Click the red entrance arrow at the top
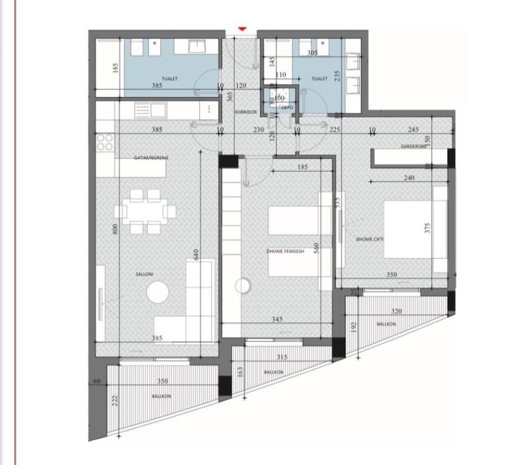243,28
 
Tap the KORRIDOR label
247,113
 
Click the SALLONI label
145,274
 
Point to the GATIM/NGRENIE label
151,157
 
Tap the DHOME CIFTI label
370,239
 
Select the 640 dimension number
196,254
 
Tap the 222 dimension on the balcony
115,400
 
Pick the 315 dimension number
282,357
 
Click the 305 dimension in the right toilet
312,53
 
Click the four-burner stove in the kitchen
105,142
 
